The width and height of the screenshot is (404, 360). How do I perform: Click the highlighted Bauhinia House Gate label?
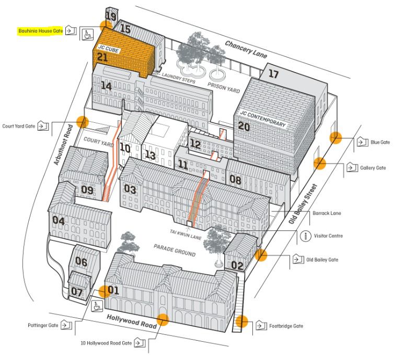tap(40, 31)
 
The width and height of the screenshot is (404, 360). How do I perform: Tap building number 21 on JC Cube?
tap(102, 57)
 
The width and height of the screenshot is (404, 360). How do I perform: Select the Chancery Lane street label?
tap(246, 49)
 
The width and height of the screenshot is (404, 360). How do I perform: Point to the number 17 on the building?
tap(274, 74)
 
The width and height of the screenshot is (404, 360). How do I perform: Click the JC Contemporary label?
tap(263, 119)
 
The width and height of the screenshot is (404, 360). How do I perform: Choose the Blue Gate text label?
tap(380, 142)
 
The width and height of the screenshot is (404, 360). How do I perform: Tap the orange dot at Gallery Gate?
tap(320, 163)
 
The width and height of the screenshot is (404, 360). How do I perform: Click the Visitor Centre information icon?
tap(306, 236)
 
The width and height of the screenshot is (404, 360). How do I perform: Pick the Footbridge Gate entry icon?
tap(261, 326)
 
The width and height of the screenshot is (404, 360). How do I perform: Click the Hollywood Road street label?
tap(132, 321)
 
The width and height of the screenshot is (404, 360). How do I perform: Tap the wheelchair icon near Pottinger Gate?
tap(96, 306)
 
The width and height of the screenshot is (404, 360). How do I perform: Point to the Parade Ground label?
tap(175, 250)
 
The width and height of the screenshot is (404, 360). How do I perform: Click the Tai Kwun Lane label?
tap(186, 234)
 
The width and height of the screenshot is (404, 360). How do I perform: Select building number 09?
tap(87, 190)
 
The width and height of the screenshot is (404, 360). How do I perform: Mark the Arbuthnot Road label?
tap(63, 145)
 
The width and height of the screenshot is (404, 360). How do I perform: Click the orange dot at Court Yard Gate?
tap(83, 122)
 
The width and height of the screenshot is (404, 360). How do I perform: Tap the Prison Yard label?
tap(224, 88)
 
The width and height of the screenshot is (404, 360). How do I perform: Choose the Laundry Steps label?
tap(179, 78)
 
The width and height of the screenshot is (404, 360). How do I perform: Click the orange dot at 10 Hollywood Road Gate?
tap(163, 320)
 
